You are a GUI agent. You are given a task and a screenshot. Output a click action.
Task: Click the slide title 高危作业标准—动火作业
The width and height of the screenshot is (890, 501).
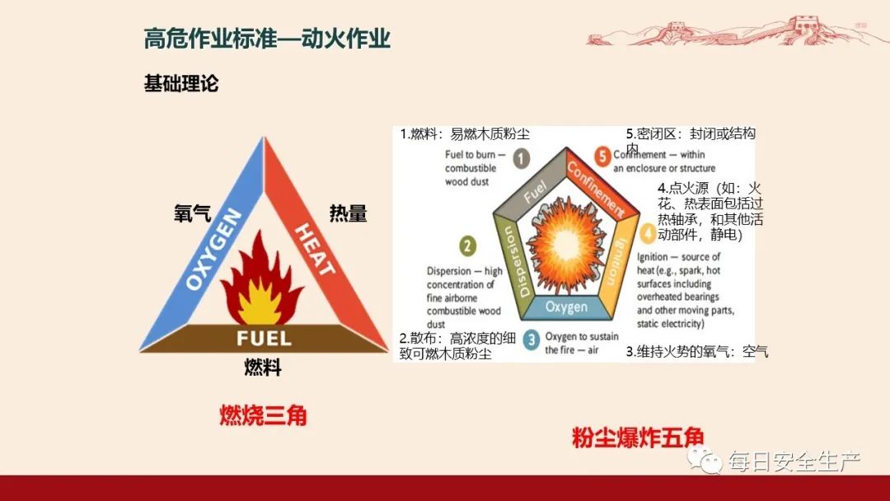click(267, 39)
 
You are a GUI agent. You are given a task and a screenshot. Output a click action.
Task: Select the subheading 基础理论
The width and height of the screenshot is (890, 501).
click(181, 84)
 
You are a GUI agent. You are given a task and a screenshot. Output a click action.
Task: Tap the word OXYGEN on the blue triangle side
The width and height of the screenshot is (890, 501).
click(213, 250)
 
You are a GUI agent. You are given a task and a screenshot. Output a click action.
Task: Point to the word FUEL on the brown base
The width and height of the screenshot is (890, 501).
click(264, 338)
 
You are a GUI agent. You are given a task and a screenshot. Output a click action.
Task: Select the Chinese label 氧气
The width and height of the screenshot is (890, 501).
click(192, 213)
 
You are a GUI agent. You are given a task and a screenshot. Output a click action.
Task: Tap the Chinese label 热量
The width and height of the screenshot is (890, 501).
click(348, 213)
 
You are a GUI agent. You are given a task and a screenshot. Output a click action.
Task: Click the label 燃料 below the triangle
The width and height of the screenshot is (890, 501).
click(263, 368)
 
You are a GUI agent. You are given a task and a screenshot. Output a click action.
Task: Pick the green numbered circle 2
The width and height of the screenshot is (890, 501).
click(468, 246)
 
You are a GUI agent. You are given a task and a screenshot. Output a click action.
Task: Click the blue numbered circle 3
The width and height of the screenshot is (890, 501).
click(532, 337)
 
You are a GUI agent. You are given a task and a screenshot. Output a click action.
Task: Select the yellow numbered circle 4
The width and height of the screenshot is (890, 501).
click(648, 235)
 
